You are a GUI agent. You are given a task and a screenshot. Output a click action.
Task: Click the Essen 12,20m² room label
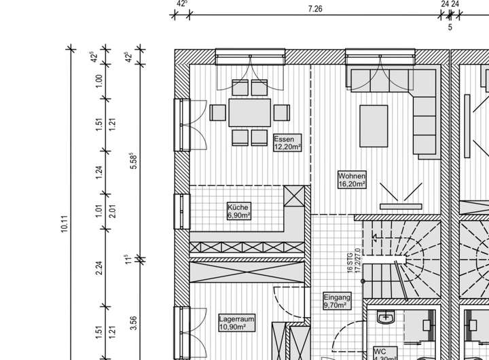(x=287, y=143)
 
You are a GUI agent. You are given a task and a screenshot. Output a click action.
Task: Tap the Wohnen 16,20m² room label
(x=352, y=179)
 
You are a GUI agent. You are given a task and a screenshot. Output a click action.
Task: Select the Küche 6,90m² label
(x=239, y=211)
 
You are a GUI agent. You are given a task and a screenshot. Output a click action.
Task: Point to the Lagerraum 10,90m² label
(x=236, y=322)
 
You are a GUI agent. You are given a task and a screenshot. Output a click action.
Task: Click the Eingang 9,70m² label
(x=337, y=301)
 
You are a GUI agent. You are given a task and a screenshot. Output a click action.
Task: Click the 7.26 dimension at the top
(x=314, y=9)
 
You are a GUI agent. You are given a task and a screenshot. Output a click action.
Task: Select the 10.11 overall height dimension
(x=65, y=224)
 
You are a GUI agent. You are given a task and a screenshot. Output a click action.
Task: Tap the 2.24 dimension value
(x=99, y=268)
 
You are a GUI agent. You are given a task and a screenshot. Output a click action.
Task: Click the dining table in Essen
(x=249, y=113)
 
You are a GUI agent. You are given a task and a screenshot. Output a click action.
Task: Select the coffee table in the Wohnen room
(x=374, y=125)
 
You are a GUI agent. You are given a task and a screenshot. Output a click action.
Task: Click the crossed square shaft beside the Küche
(x=295, y=198)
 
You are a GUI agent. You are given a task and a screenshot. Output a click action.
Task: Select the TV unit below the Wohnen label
(x=401, y=205)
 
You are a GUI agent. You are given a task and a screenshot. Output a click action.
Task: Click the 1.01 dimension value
(x=99, y=211)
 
